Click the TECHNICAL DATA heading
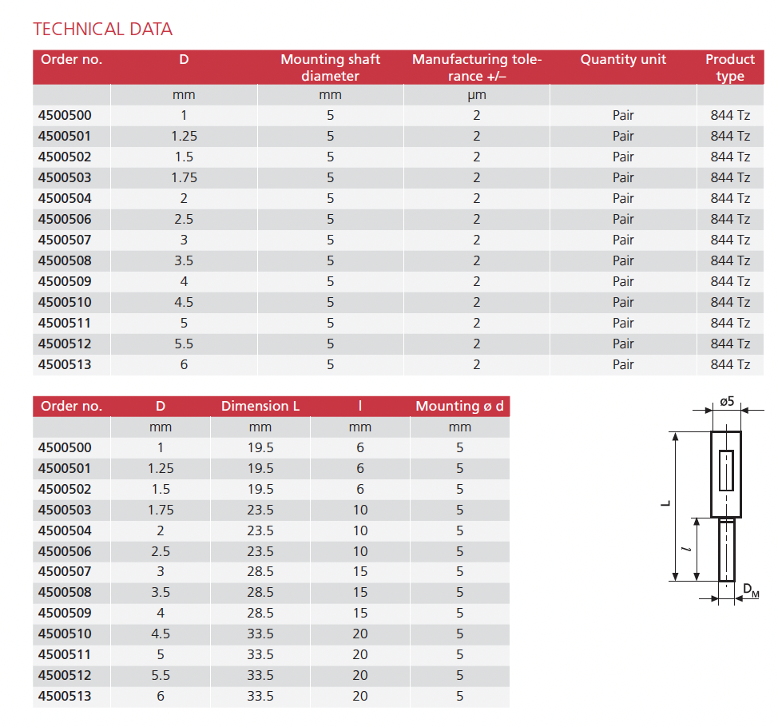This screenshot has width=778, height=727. coord(102,30)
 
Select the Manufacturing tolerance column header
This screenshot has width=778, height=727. coord(477,68)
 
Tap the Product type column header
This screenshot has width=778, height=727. coord(729,68)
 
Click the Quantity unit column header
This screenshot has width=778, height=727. coord(623,60)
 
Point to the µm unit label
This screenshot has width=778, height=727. coord(477,95)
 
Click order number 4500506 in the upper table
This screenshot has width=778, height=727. coord(65,219)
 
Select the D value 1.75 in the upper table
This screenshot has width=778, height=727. coord(184,177)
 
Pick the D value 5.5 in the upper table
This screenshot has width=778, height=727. coord(184,344)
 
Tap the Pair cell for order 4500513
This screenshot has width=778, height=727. coord(623,364)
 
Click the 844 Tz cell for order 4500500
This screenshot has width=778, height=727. coord(730,115)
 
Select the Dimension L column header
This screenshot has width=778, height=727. coord(260,406)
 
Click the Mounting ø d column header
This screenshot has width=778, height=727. coord(459,406)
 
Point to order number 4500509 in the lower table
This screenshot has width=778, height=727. coord(65,613)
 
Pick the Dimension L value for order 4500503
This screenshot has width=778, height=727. coord(260,510)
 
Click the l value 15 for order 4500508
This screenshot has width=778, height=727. coord(360,592)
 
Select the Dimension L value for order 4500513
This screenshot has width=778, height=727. coord(260,696)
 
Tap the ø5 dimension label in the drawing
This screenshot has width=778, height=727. coord(726,401)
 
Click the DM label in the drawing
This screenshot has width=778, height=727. coord(751,590)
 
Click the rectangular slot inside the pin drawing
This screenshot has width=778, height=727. coord(726,471)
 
